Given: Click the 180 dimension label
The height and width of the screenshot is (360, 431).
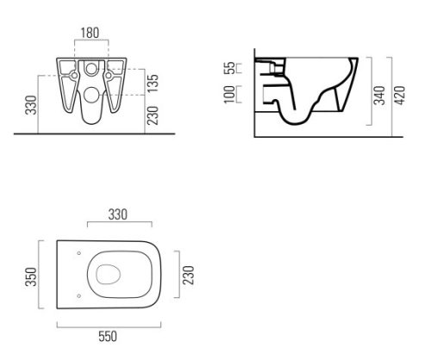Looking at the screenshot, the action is point(90,33).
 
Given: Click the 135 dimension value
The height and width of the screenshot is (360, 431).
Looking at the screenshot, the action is point(153,84).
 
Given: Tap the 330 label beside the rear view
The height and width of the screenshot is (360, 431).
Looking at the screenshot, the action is point(31,105).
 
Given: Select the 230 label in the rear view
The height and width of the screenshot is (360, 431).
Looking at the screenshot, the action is point(153,115).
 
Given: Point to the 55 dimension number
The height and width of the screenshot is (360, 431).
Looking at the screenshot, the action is point(229,68).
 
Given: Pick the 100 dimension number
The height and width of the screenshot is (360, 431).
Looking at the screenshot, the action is point(229,94).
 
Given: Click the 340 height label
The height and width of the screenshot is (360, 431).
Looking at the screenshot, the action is point(380,95).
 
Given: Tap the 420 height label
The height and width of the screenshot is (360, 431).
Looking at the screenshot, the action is point(400,95).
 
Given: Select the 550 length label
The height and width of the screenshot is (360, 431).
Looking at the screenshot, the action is point(108,337).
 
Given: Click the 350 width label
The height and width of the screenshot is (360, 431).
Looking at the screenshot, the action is point(31,276).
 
